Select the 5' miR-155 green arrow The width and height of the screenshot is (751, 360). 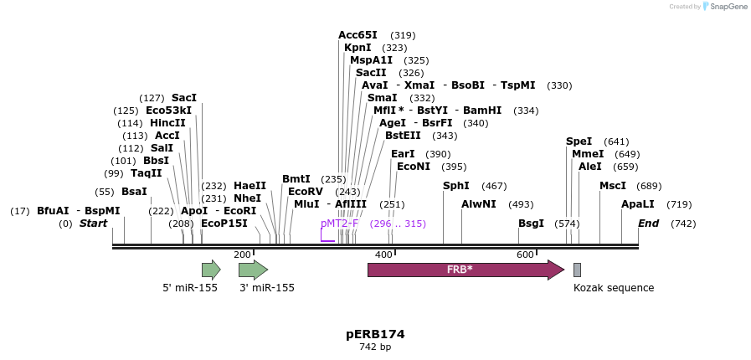(x=211, y=270)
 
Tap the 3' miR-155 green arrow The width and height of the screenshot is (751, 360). (x=253, y=270)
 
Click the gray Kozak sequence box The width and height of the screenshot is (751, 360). (x=577, y=270)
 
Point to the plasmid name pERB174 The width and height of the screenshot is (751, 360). (x=375, y=334)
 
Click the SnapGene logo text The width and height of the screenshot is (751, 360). (x=725, y=7)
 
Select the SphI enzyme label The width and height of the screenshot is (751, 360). (x=456, y=186)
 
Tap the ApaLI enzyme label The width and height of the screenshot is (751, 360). (x=638, y=204)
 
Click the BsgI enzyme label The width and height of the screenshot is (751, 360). (x=531, y=224)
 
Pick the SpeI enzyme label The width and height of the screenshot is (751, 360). (x=579, y=141)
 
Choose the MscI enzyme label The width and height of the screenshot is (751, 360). (x=613, y=186)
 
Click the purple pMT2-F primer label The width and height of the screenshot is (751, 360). (x=339, y=224)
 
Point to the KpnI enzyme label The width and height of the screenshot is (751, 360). (x=357, y=48)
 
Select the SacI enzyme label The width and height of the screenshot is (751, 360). (x=184, y=98)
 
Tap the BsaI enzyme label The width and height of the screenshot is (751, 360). (x=134, y=192)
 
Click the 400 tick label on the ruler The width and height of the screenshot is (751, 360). (x=383, y=255)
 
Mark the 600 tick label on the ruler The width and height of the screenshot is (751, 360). (x=525, y=255)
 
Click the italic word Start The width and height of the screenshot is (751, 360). (x=94, y=224)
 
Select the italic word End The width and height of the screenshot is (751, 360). (x=649, y=224)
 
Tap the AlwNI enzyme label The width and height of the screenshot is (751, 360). (x=479, y=204)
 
